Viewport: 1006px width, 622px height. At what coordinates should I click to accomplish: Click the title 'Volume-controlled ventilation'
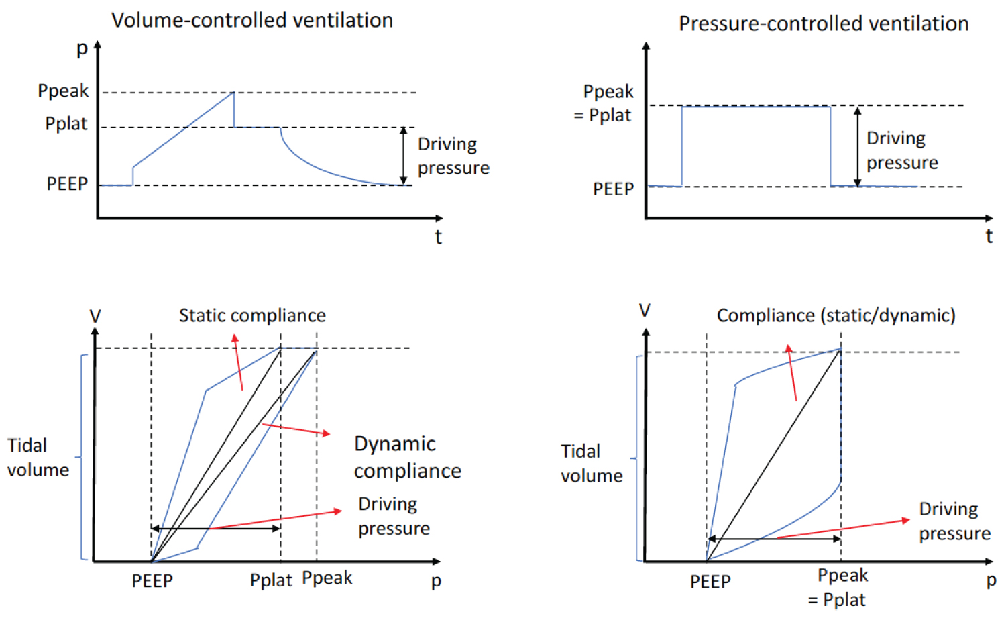252,21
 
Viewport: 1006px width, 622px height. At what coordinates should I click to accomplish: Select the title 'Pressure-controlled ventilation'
824,24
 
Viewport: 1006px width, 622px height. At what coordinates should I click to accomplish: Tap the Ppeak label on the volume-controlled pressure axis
63,91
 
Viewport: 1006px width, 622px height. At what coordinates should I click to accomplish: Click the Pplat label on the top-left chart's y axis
66,124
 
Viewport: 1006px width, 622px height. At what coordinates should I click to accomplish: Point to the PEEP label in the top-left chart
67,184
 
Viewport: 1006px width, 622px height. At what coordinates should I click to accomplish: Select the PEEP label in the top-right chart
613,189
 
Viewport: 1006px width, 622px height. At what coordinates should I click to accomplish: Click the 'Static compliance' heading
252,315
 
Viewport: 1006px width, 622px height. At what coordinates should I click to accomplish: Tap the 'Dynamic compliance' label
407,457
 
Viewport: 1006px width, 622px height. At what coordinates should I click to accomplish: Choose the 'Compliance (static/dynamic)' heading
836,315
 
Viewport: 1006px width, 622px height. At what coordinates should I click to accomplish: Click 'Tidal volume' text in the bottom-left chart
38,458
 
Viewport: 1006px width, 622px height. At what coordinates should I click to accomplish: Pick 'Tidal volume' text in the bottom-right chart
592,463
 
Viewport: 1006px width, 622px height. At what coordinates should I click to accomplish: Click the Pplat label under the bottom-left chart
271,580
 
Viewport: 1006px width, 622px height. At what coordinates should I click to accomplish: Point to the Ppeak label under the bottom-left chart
327,578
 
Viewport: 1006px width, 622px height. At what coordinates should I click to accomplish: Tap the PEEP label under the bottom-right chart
710,582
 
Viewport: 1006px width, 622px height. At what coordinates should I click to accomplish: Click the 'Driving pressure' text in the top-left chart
453,156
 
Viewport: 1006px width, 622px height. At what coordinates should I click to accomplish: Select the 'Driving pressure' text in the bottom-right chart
954,521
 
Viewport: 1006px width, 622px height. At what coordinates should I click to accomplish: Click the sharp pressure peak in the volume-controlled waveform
233,93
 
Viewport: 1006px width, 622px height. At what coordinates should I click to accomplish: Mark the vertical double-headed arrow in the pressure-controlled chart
857,146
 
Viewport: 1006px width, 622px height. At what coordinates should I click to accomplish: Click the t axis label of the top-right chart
989,236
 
